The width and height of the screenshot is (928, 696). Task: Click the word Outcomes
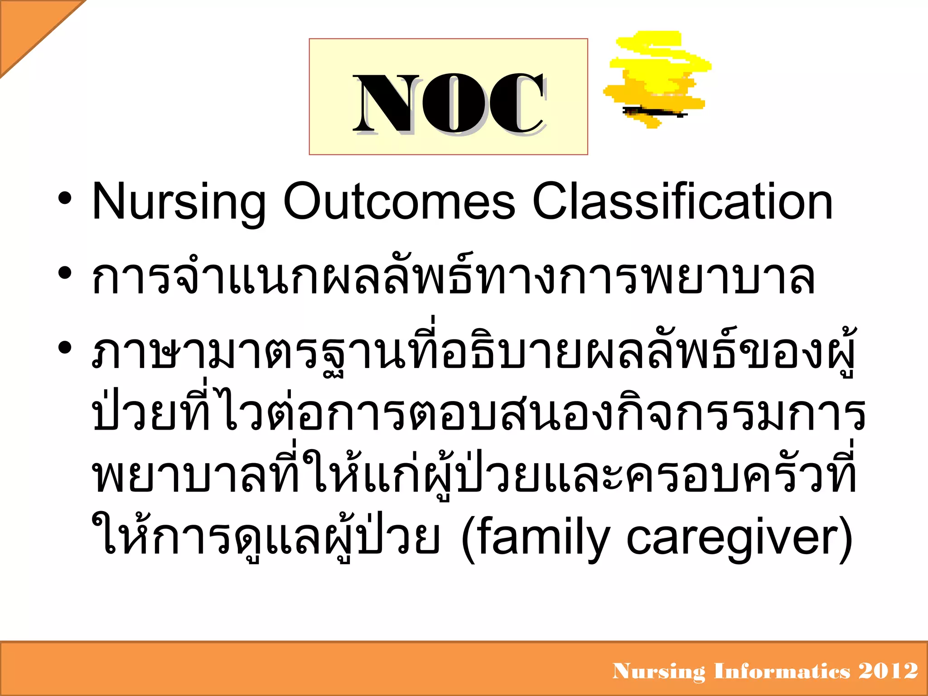coord(399,201)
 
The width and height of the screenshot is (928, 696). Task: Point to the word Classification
coord(682,201)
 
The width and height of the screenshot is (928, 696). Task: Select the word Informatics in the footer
coord(782,671)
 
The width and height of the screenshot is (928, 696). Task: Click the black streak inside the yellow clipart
coord(655,111)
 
